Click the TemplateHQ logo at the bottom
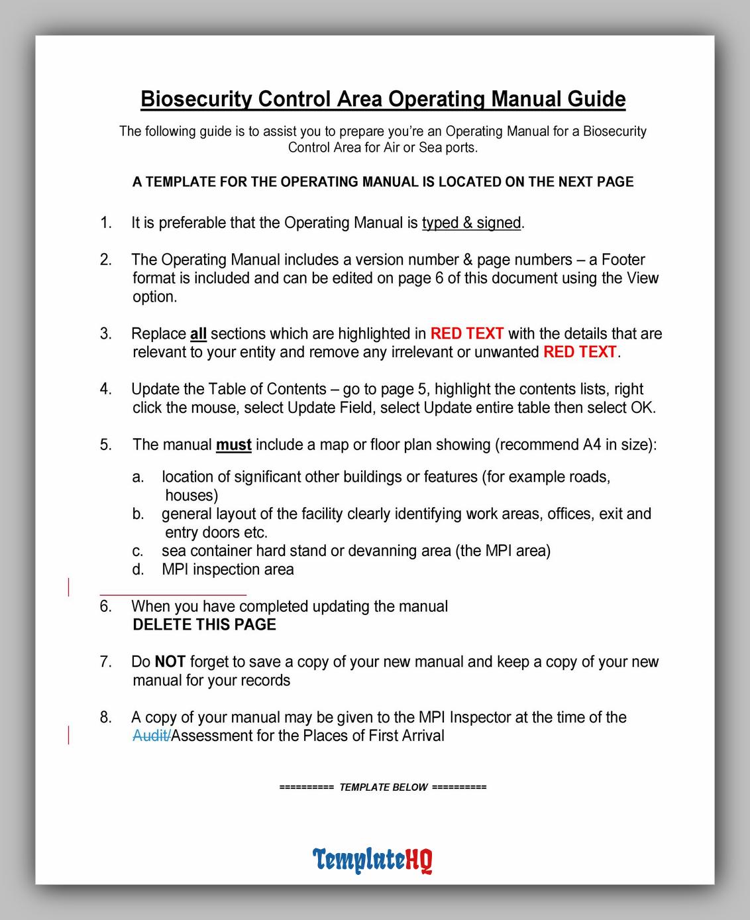click(372, 860)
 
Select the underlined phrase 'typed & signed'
click(471, 223)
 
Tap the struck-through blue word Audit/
click(151, 736)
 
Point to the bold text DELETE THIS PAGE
click(204, 624)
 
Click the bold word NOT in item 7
click(170, 661)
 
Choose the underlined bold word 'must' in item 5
click(233, 445)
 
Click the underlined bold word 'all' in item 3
click(198, 334)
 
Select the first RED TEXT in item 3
click(467, 334)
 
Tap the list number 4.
click(105, 389)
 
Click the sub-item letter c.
click(138, 551)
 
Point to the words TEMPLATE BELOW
click(384, 787)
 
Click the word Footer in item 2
click(623, 260)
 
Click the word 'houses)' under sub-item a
click(191, 496)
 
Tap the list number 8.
click(105, 717)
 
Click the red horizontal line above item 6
click(173, 595)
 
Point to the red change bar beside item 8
click(68, 735)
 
